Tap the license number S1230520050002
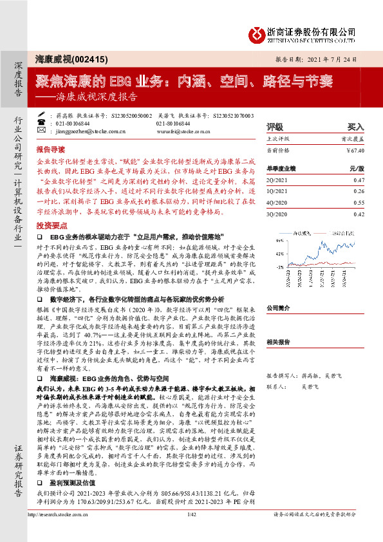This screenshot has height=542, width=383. click(132, 115)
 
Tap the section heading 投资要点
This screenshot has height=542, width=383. click(51, 227)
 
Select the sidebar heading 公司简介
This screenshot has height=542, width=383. click(280, 308)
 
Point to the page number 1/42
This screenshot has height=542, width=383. click(191, 532)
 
